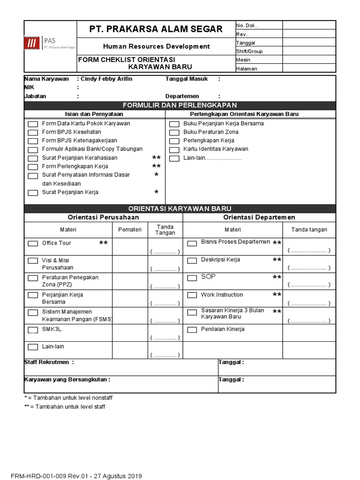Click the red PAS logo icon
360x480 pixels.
pos(32,44)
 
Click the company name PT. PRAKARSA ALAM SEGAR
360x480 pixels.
pos(156,29)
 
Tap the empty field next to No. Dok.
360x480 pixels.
pos(308,25)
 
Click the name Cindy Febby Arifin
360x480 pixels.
pos(106,79)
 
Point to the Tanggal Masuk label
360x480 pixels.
pos(187,79)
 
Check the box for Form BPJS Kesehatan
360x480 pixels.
pos(33,133)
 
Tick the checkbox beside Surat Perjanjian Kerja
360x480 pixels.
pos(33,193)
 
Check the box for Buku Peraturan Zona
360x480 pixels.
pos(174,133)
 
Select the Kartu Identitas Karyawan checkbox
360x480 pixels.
pos(174,150)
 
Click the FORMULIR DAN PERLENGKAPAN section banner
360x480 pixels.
pos(180,105)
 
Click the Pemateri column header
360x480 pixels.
pos(130,230)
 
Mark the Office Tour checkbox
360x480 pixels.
pos(33,244)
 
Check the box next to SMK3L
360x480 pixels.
pos(33,330)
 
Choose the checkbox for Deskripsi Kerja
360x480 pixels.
pos(192,261)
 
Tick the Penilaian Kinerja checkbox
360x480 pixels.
pos(192,330)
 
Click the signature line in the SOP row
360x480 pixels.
pos(309,285)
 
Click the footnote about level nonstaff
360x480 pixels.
pos(68,397)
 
